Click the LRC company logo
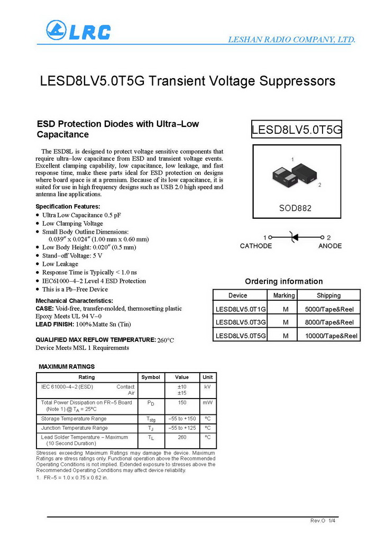(x=78, y=31)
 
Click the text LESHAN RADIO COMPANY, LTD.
(x=291, y=40)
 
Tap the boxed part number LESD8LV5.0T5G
(x=297, y=129)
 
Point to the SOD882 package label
(x=295, y=208)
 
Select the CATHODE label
(x=256, y=246)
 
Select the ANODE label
(x=330, y=246)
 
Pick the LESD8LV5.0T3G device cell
(x=241, y=322)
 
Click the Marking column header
(x=284, y=295)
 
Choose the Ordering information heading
(x=283, y=281)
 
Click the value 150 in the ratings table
(x=182, y=403)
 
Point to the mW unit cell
(x=207, y=403)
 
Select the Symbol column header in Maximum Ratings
(x=150, y=377)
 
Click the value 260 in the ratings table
(x=182, y=437)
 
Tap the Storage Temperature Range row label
(x=73, y=419)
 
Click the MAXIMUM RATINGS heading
(x=67, y=366)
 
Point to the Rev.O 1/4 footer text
(x=323, y=521)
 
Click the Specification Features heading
(x=68, y=207)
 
